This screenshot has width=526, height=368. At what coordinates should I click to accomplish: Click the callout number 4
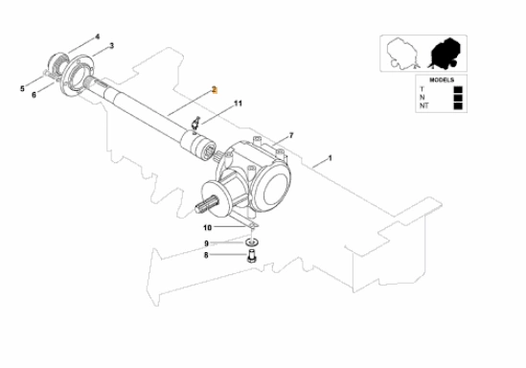pyautogui.click(x=98, y=36)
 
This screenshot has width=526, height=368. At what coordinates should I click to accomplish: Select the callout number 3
pyautogui.click(x=112, y=46)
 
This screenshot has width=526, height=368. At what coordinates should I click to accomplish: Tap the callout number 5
pyautogui.click(x=22, y=89)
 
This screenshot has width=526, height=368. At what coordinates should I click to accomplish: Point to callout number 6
pyautogui.click(x=34, y=95)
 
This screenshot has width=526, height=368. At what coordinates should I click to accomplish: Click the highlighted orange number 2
pyautogui.click(x=215, y=90)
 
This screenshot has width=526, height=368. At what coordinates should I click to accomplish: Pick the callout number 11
pyautogui.click(x=238, y=103)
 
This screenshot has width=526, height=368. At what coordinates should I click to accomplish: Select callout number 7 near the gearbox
pyautogui.click(x=291, y=135)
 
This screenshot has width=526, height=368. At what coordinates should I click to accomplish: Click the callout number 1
pyautogui.click(x=331, y=158)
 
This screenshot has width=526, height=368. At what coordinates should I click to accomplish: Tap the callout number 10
pyautogui.click(x=207, y=228)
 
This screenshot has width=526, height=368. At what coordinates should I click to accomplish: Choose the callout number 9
pyautogui.click(x=207, y=243)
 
